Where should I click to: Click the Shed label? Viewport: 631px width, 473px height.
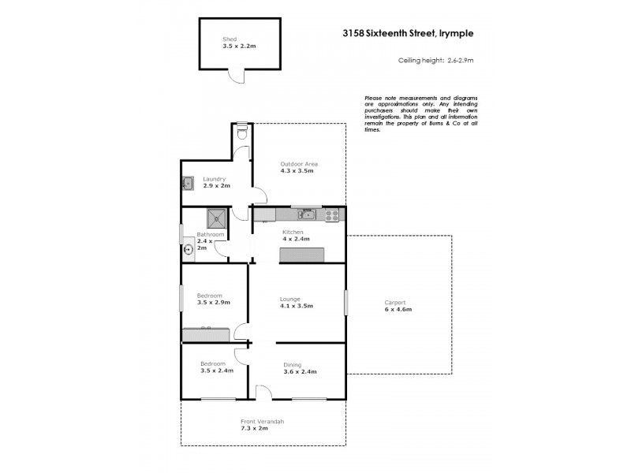pos(230,39)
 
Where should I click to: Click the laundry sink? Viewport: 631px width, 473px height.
pos(189,184)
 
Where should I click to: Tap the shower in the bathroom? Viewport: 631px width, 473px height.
pos(215,218)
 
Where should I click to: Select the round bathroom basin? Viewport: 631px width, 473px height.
pos(189,251)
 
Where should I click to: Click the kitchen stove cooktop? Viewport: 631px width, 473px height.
pos(331,214)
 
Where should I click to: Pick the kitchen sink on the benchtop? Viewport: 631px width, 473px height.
pos(307,214)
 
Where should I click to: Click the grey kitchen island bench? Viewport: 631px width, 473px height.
pos(301,254)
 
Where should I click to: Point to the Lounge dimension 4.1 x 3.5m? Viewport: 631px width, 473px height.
pos(297,306)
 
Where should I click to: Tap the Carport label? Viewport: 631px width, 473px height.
pos(395,302)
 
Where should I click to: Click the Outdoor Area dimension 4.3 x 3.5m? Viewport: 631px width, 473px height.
pos(297,170)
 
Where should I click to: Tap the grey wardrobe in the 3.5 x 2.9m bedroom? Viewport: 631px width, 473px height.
pos(205,335)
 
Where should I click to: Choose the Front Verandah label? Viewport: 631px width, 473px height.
pos(263,422)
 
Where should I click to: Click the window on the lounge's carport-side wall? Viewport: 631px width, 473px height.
pos(345,304)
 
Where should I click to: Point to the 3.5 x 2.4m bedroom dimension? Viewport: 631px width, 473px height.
pos(217,371)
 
